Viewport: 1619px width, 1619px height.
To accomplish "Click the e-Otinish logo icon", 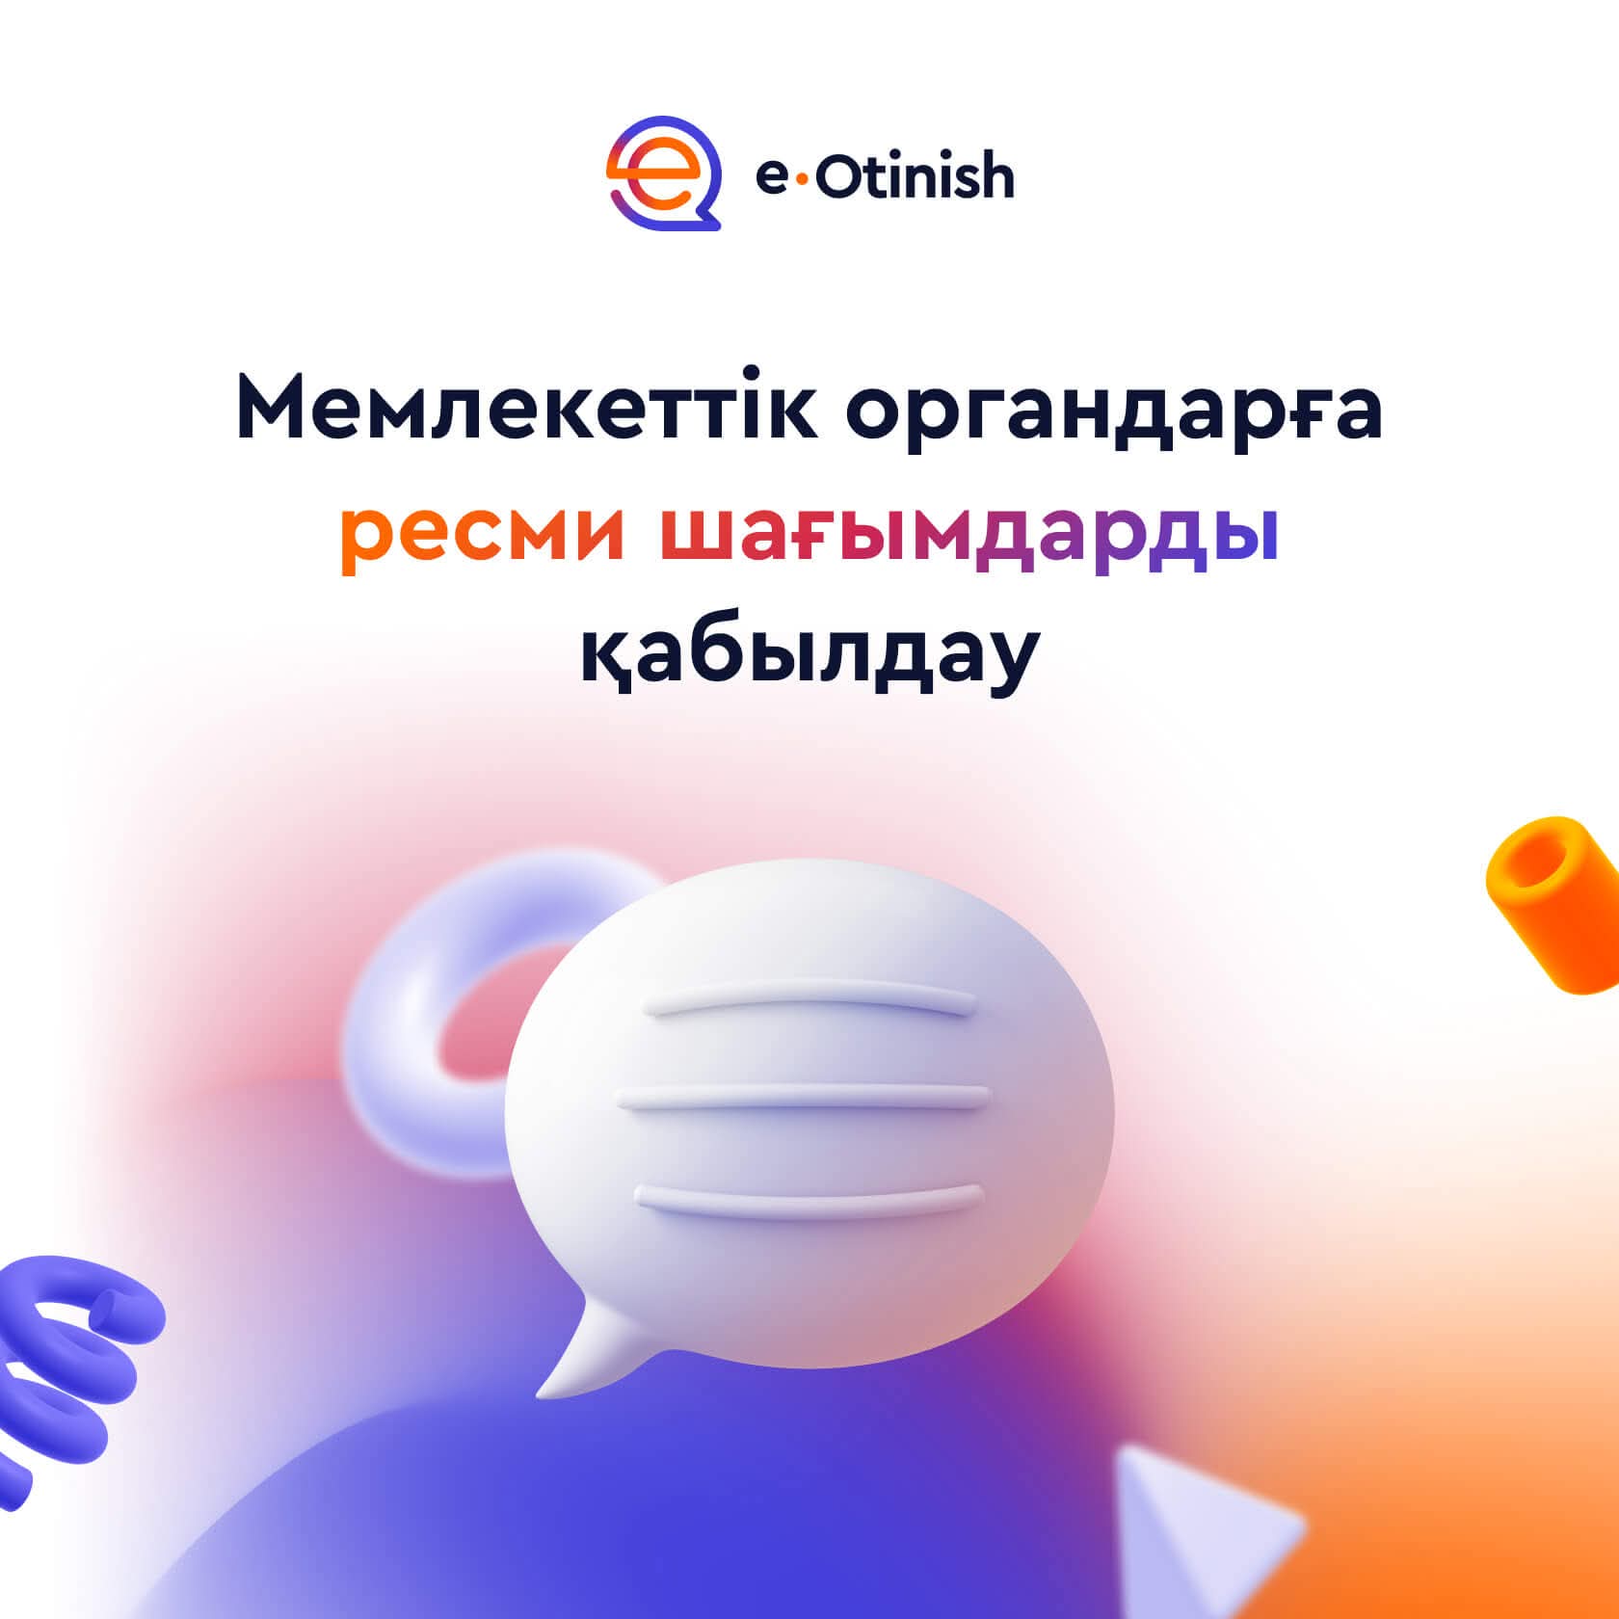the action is point(664,173).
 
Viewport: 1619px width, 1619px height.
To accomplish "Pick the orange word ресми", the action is point(483,540).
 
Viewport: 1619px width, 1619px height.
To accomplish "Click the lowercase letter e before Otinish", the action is point(774,179).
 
